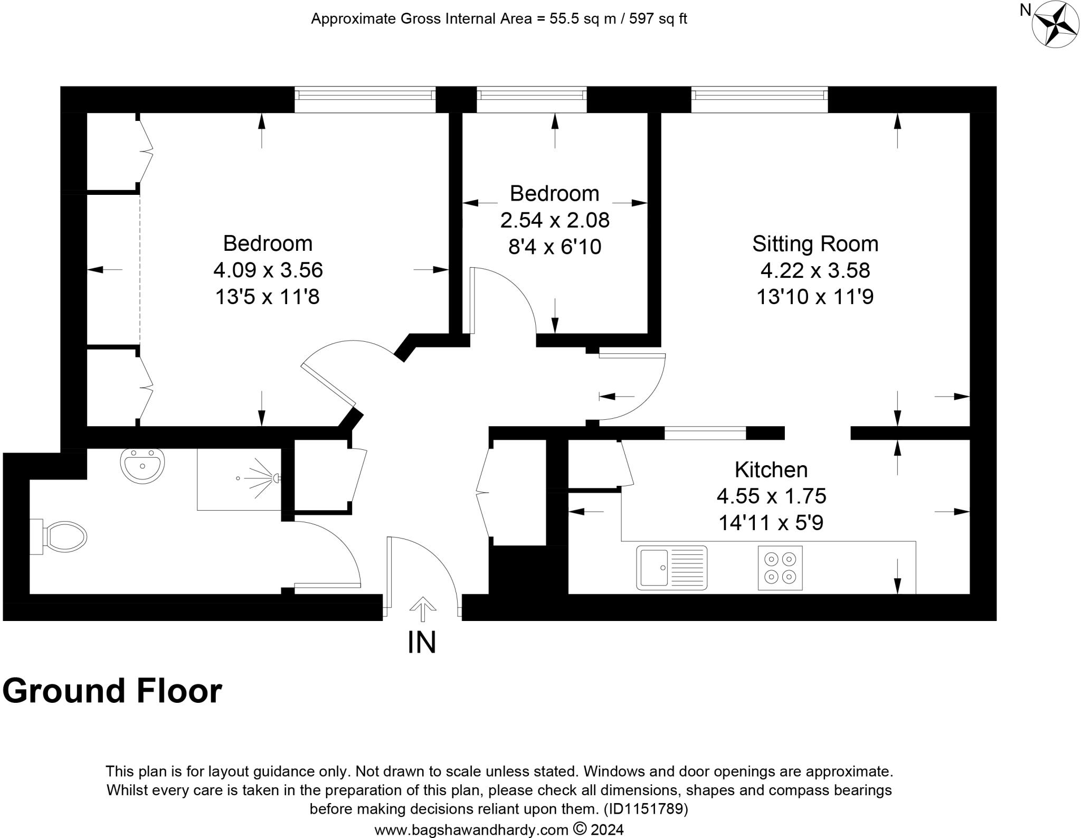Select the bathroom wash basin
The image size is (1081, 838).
[x=142, y=465]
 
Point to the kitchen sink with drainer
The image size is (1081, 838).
[x=671, y=568]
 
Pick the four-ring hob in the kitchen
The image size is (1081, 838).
[x=780, y=568]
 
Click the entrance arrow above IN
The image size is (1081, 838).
[x=422, y=608]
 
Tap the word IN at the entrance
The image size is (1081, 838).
[x=422, y=643]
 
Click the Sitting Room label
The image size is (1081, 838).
[x=815, y=244]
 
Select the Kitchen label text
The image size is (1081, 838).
[x=771, y=469]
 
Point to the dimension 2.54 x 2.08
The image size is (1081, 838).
[x=554, y=220]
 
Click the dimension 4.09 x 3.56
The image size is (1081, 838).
[x=268, y=270]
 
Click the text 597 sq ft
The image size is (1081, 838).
[x=658, y=19]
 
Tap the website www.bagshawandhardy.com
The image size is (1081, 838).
[x=471, y=830]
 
